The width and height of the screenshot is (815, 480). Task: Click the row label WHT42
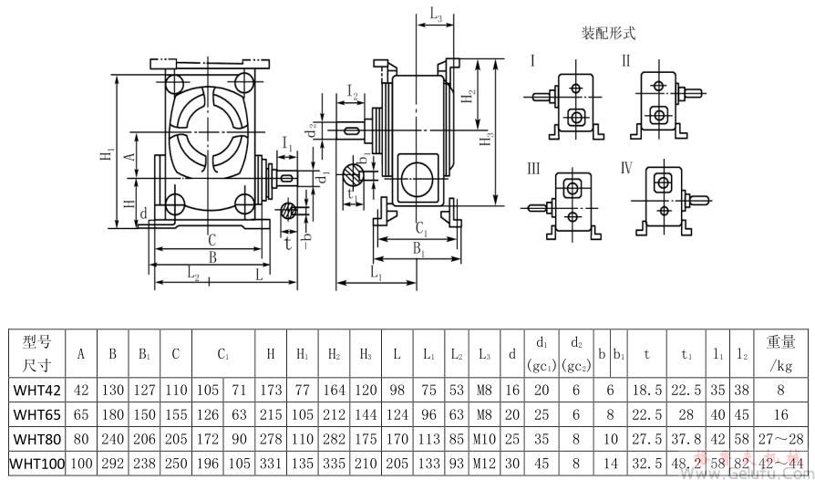(x=36, y=391)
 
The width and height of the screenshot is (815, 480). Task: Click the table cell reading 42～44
(x=782, y=464)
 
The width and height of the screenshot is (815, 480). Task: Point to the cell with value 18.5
(x=646, y=391)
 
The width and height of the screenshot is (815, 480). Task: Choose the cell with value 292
(x=113, y=464)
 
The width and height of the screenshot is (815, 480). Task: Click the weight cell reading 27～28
(x=782, y=439)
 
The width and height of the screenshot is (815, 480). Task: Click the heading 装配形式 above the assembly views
(x=608, y=33)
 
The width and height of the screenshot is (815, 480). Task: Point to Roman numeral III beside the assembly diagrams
(x=533, y=169)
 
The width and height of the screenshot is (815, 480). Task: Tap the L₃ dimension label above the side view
(x=436, y=16)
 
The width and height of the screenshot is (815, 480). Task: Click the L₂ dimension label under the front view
(x=193, y=273)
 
